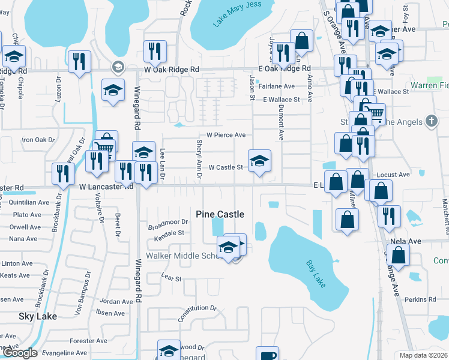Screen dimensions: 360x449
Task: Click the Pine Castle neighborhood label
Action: (x=220, y=214)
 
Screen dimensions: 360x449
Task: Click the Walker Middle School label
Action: (x=186, y=256)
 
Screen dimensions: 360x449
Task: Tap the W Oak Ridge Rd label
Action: (x=171, y=70)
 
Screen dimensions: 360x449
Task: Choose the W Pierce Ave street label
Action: (x=226, y=135)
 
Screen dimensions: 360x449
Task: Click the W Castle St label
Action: (x=225, y=167)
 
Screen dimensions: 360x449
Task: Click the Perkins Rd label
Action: (x=420, y=299)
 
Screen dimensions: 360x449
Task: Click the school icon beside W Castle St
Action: (x=259, y=160)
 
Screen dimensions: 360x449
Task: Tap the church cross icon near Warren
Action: (x=430, y=121)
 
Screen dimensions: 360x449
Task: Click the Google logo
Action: (x=19, y=353)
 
